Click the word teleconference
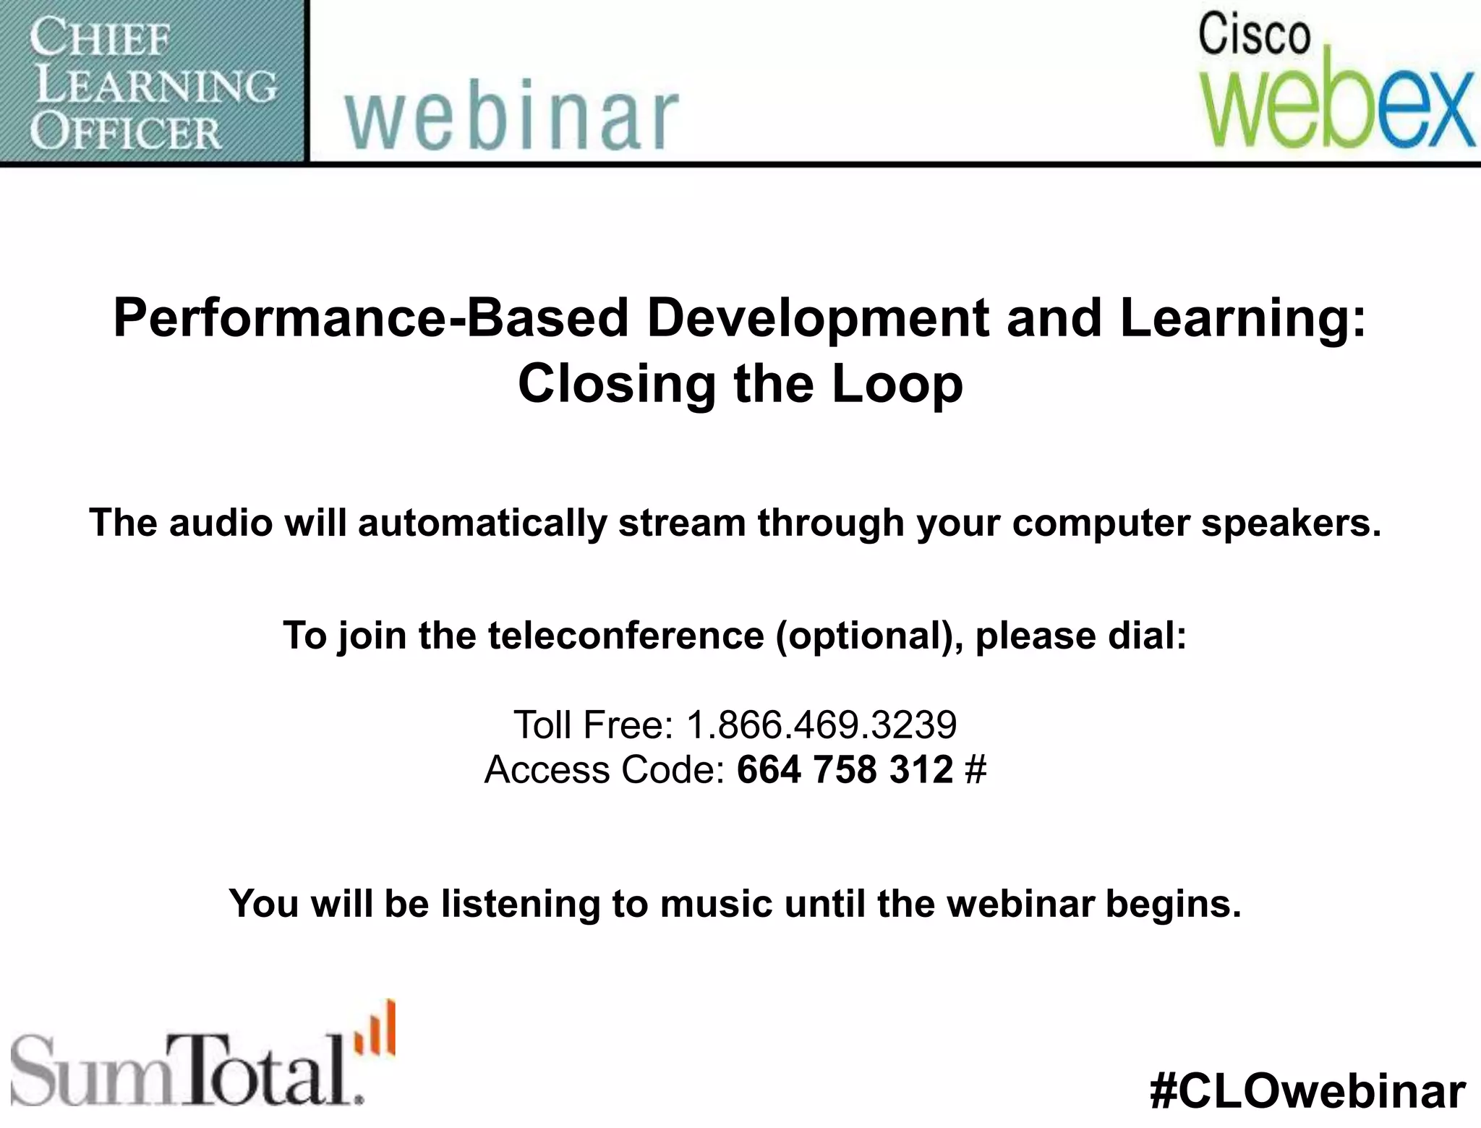[x=626, y=636]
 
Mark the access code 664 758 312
[x=845, y=769]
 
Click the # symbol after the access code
[x=976, y=769]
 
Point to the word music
[x=716, y=903]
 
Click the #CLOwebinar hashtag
[x=1307, y=1091]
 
